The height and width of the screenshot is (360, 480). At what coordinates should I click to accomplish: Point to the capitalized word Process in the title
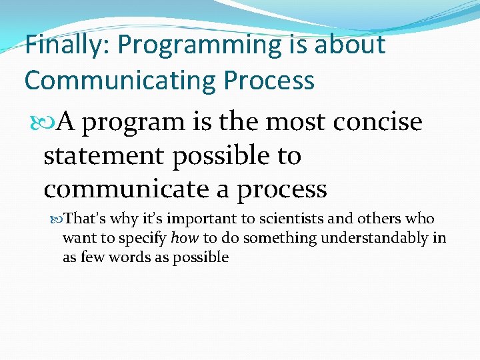269,80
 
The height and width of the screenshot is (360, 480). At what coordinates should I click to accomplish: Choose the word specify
143,238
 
